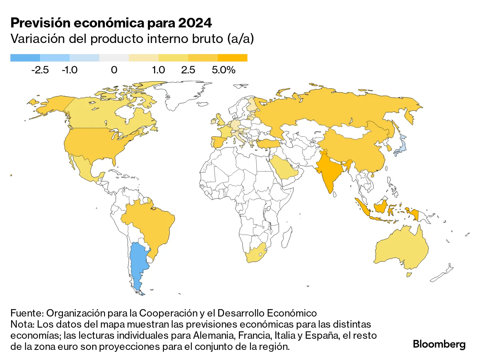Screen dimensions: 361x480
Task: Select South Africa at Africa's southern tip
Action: [256, 254]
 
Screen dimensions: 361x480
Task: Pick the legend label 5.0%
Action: [223, 70]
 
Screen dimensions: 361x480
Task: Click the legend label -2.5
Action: [40, 70]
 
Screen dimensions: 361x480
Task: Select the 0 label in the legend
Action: [114, 70]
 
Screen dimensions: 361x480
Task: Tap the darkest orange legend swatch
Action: [232, 58]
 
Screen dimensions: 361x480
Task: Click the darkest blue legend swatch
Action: [25, 58]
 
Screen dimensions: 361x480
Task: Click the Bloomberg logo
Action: [439, 344]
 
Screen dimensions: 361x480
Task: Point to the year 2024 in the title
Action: [195, 23]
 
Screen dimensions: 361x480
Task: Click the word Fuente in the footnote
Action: [26, 313]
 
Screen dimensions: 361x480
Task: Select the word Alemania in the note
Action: [213, 335]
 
